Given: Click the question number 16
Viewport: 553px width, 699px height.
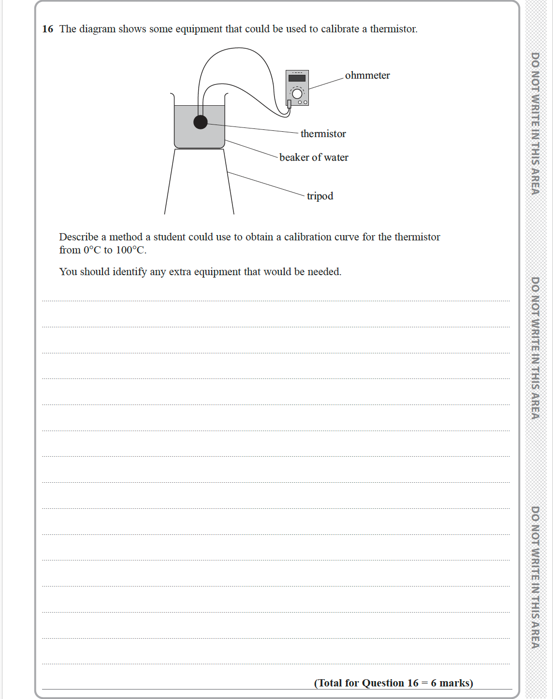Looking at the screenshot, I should click(x=47, y=29).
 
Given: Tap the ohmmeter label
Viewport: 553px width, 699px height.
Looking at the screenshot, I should click(x=367, y=75).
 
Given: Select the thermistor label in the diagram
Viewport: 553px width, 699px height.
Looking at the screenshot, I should click(x=323, y=134).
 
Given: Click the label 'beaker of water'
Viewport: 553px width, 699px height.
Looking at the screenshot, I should click(x=314, y=157).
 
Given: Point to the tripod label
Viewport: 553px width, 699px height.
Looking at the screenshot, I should click(x=320, y=196).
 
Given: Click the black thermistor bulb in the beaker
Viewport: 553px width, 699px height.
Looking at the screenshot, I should click(x=201, y=122).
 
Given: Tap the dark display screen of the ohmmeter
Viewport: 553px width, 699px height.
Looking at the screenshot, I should click(x=297, y=78).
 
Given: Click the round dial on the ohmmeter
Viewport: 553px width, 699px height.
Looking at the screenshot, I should click(x=297, y=93).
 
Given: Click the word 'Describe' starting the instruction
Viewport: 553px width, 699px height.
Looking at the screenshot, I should click(x=79, y=237).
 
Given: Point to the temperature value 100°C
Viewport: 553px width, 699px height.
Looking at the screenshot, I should click(x=131, y=250).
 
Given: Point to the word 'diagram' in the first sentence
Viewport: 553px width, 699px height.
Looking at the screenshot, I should click(x=97, y=29).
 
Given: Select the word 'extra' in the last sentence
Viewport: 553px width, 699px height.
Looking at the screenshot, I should click(x=180, y=272).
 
